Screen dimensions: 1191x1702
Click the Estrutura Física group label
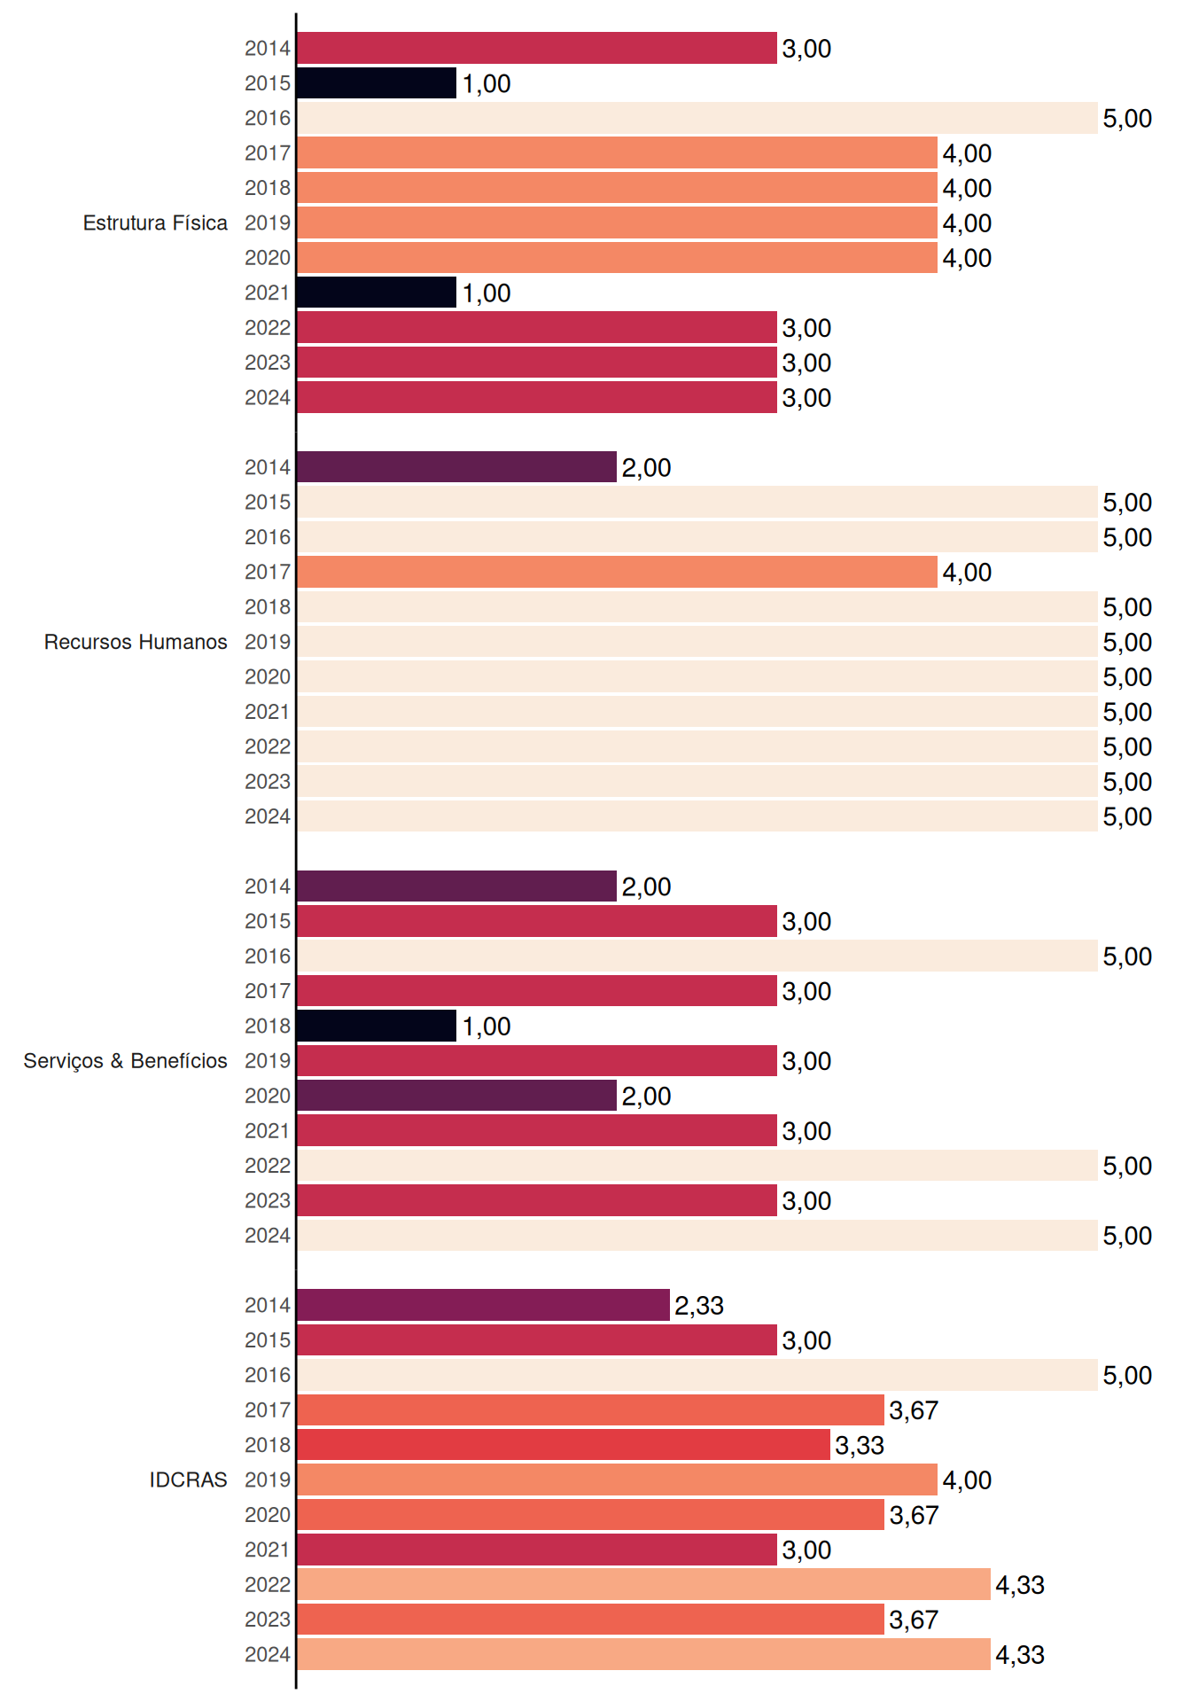pos(155,223)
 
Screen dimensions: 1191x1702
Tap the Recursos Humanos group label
pos(136,642)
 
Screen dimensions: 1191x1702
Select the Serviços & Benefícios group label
pos(125,1061)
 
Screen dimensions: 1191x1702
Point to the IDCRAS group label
pos(188,1479)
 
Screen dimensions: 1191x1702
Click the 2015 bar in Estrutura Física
pos(377,83)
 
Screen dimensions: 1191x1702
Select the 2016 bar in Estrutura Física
pos(697,118)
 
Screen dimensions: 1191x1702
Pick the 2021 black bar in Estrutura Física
pos(377,293)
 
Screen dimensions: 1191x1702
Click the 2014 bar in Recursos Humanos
pos(456,467)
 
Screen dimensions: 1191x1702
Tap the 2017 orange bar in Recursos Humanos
pos(617,572)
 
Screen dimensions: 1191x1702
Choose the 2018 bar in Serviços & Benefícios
pos(377,1026)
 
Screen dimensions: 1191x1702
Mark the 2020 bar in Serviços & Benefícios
pos(456,1096)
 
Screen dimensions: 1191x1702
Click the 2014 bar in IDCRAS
pos(483,1305)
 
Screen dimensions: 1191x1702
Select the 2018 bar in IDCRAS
pos(564,1445)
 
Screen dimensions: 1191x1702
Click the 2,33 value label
pos(699,1306)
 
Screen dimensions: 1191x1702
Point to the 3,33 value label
pos(860,1446)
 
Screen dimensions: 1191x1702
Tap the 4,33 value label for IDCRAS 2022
pos(1020,1585)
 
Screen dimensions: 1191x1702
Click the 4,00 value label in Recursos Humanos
pos(967,573)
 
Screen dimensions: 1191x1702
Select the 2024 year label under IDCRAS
pos(268,1654)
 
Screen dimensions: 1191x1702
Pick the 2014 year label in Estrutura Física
pos(268,48)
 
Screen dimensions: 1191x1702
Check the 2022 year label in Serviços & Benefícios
pos(268,1166)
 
